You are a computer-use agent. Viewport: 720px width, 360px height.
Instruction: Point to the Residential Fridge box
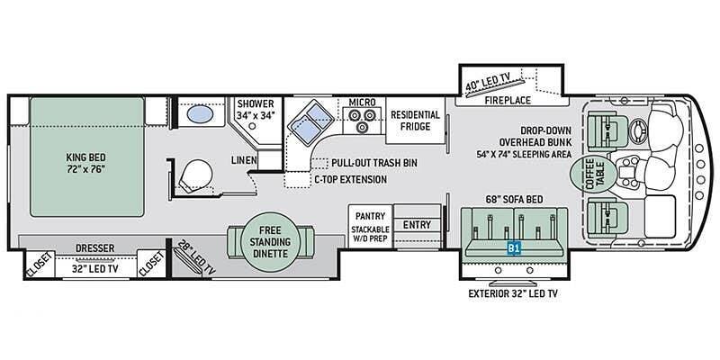(415, 121)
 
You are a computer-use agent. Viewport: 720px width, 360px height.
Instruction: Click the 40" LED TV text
(487, 85)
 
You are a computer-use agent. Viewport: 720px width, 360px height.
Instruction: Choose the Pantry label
(371, 217)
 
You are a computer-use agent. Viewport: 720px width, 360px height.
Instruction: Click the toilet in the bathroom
(193, 174)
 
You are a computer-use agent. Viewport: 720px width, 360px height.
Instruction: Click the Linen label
(243, 160)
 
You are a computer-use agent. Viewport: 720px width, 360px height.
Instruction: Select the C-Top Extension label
(351, 179)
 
